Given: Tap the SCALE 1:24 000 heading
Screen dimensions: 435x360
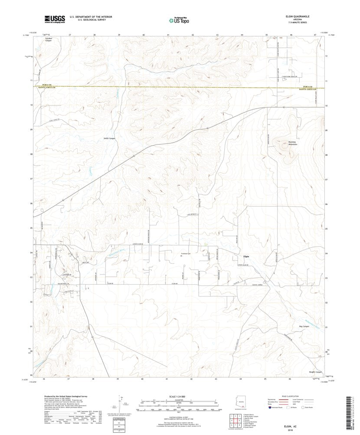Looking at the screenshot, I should pyautogui.click(x=178, y=397).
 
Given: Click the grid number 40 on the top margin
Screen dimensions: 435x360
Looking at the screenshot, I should pyautogui.click(x=143, y=34).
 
